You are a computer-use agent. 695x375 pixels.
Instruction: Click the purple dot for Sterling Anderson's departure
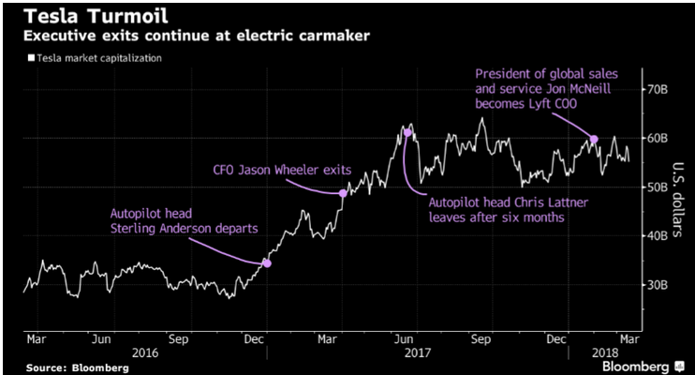(267, 263)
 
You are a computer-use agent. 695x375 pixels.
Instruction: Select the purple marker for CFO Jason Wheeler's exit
(343, 193)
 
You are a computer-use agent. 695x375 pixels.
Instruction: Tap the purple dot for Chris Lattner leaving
(407, 133)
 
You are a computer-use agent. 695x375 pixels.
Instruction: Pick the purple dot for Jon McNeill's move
(594, 140)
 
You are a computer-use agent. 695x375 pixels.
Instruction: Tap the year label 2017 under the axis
(416, 354)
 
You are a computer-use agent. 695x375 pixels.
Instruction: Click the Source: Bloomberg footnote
(77, 367)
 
